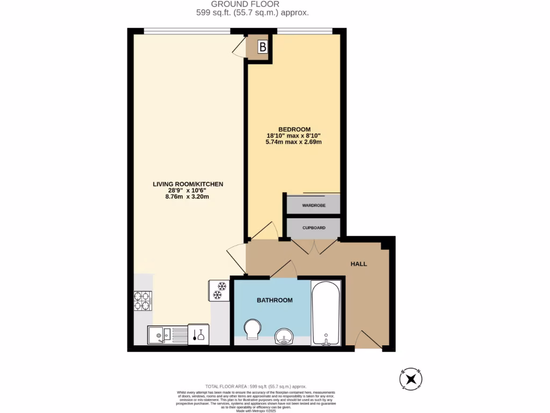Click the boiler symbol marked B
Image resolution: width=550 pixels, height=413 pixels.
[262, 47]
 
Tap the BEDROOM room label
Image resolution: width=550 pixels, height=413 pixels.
[294, 129]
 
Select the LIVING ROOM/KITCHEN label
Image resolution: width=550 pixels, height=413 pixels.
[187, 184]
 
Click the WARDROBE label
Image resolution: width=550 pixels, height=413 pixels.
[314, 205]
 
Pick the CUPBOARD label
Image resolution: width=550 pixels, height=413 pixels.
[314, 228]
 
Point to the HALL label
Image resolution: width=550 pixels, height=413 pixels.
[359, 264]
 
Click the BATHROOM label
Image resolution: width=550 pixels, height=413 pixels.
[274, 300]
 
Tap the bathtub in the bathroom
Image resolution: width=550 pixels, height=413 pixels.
[325, 313]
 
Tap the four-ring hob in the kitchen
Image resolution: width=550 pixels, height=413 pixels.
[142, 301]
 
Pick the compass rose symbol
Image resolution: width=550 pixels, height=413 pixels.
[411, 379]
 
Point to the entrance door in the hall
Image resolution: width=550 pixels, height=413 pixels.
[368, 341]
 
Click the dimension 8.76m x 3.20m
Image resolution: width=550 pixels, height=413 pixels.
[187, 196]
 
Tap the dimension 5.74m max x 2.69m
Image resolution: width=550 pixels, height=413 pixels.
[294, 142]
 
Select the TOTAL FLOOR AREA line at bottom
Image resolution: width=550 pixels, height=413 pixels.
[256, 387]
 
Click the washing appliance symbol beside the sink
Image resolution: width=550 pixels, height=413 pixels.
[198, 334]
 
